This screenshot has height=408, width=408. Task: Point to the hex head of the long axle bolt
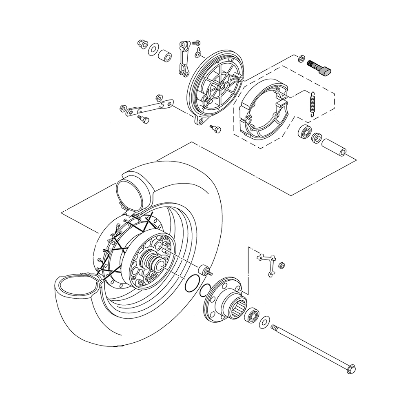pyautogui.click(x=350, y=369)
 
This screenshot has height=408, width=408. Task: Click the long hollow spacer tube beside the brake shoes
pyautogui.click(x=334, y=147)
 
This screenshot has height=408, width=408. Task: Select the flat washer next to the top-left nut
pyautogui.click(x=153, y=49)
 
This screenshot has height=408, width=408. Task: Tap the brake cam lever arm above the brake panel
pyautogui.click(x=183, y=57)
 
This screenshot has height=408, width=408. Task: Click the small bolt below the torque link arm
pyautogui.click(x=143, y=119)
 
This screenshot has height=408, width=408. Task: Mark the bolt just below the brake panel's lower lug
pyautogui.click(x=215, y=129)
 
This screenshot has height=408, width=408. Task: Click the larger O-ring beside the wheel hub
pyautogui.click(x=192, y=284)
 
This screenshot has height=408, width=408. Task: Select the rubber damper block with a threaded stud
pyautogui.click(x=204, y=271)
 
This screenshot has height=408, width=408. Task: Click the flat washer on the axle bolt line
pyautogui.click(x=264, y=322)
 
